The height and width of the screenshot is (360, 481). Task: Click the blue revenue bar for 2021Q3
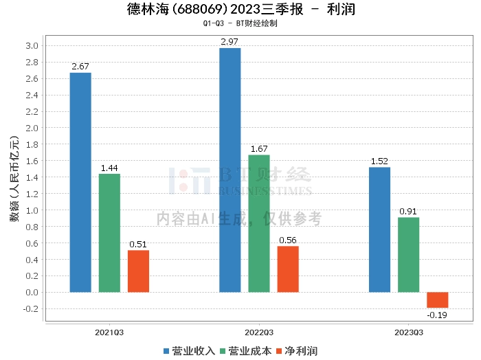80,183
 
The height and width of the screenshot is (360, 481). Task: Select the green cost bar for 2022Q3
259,223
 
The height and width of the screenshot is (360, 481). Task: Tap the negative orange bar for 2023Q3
438,300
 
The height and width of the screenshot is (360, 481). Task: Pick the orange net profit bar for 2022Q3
288,269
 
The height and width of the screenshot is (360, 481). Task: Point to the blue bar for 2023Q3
379,229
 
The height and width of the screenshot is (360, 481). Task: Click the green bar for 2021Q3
109,233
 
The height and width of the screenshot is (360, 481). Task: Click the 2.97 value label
230,42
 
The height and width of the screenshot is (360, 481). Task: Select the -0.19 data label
437,315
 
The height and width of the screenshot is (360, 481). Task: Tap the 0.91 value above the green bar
408,212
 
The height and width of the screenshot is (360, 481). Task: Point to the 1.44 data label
109,168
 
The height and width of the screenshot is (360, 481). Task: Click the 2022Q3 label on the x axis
259,333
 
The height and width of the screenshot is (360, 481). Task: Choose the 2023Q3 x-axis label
409,333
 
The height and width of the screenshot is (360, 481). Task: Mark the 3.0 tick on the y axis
32,46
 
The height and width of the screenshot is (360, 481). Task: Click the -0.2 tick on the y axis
31,308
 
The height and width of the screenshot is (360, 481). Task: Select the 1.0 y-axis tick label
32,210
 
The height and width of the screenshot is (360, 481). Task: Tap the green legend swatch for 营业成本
223,352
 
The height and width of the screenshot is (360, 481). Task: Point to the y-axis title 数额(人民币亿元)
14,179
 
